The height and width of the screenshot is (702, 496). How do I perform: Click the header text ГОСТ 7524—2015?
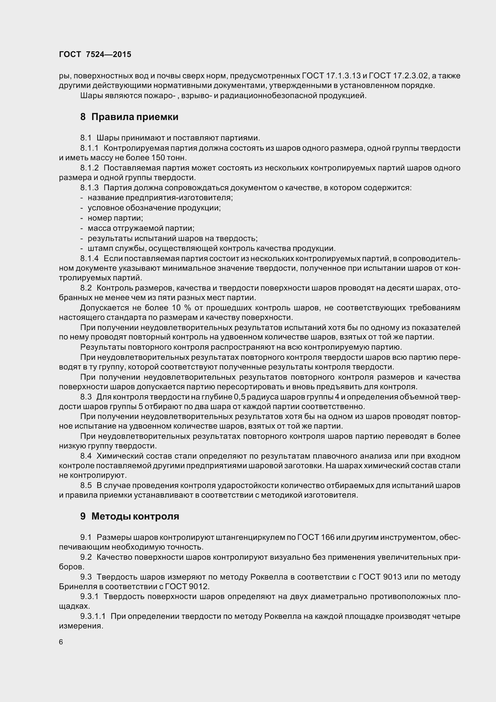tap(95, 54)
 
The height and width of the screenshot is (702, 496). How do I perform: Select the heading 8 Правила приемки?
tap(129, 117)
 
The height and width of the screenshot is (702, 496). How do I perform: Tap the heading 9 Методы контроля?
tap(130, 516)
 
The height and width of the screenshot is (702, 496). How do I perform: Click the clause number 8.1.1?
tap(89, 148)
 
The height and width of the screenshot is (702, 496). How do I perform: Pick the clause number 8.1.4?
tap(89, 259)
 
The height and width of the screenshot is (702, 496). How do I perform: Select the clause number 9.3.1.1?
tap(93, 616)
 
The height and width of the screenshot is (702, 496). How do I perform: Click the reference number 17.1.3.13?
tap(343, 76)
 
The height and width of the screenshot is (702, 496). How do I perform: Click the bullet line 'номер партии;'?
tap(115, 218)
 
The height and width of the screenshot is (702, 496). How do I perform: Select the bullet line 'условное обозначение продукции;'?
tap(154, 208)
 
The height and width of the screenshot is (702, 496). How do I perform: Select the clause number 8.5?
tap(86, 485)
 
